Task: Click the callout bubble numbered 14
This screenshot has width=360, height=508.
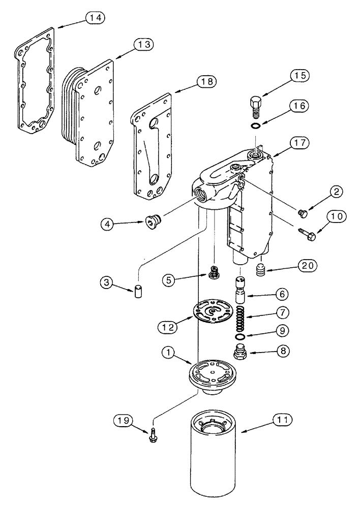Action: click(x=95, y=18)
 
